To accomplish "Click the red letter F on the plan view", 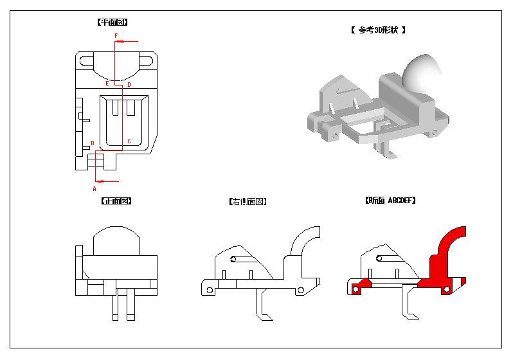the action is point(116,35).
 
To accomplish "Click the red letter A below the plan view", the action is point(94,189).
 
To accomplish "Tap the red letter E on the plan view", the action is point(107,84).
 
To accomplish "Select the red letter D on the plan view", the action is point(129,85).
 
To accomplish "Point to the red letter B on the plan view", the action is point(93,143).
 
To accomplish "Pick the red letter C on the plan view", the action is point(129,141).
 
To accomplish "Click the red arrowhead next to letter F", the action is point(120,42).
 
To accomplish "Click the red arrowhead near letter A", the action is point(100,181).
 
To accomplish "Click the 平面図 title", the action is point(113,22).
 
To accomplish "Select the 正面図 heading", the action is point(116,201).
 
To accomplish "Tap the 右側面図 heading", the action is point(248,202).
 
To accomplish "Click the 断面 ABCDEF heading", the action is point(390,201).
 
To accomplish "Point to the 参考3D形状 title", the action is point(378,30).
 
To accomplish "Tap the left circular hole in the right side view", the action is point(210,291).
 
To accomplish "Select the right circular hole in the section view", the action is point(447,289).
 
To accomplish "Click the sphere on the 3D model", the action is point(420,74).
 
